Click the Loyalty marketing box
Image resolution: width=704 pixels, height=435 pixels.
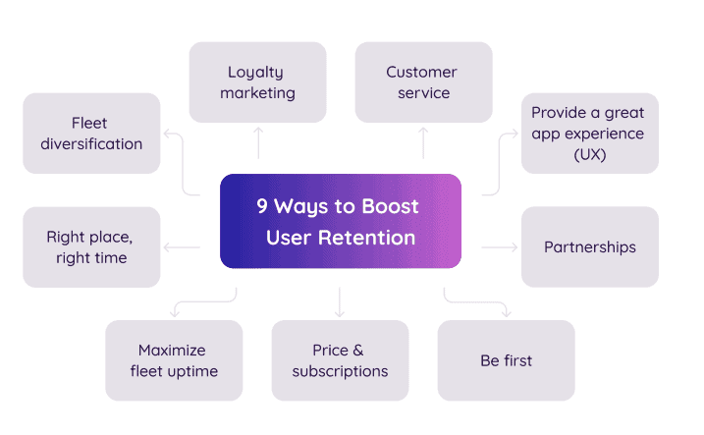coord(257,82)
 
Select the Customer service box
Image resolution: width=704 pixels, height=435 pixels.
coord(422,82)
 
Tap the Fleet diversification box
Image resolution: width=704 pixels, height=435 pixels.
coord(91,134)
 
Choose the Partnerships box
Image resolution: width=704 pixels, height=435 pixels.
coord(589,246)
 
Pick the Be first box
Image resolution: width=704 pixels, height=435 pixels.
coord(505,360)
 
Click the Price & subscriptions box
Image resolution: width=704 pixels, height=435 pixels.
coord(340,360)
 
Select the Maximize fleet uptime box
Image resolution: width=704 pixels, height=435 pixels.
coord(174,360)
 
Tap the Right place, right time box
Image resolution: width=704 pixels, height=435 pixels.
coord(91,246)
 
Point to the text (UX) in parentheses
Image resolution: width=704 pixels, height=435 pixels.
coord(589,154)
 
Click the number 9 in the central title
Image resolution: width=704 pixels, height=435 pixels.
coord(262,207)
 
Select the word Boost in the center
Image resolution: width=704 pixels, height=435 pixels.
coord(391,207)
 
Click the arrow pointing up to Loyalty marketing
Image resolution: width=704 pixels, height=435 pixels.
coord(258,142)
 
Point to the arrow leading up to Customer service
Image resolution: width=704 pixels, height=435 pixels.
coord(423,142)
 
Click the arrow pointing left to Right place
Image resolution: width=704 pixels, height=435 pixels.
coord(183,247)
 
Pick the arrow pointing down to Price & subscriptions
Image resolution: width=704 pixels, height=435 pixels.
coord(340,301)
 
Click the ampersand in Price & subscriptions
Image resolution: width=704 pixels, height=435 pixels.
coord(357,351)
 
